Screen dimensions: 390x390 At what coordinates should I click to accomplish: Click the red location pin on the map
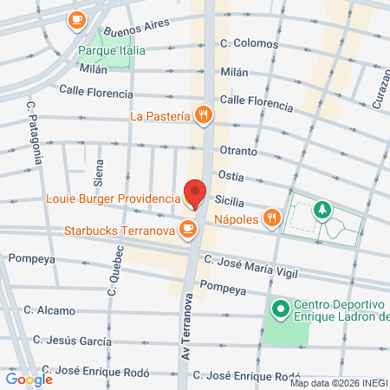(195, 194)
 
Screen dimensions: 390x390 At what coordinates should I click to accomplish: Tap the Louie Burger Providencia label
(111, 198)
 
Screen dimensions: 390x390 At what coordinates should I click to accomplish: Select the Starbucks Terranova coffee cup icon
(186, 230)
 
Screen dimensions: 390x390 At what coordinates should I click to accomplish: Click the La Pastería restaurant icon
(204, 114)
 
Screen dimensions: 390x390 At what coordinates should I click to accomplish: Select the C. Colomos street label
(249, 43)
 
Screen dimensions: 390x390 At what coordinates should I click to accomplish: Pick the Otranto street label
(238, 151)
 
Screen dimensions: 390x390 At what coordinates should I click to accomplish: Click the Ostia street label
(231, 175)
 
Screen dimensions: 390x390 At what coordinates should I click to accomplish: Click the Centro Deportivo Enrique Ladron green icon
(280, 308)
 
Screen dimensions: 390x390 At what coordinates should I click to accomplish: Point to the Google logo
(29, 379)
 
